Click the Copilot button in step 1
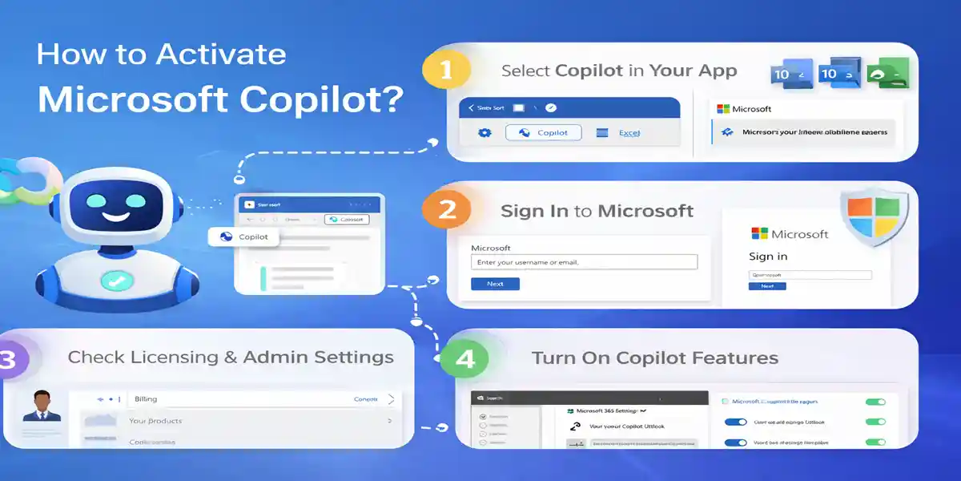[x=544, y=133]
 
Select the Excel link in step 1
[x=629, y=133]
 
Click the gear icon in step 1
[x=484, y=133]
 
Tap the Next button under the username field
[x=495, y=284]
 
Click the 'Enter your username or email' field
[x=584, y=262]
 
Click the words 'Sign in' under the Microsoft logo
[x=768, y=257]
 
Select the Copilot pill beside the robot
[x=243, y=236]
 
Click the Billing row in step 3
[x=240, y=398]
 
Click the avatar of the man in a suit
[x=42, y=406]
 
